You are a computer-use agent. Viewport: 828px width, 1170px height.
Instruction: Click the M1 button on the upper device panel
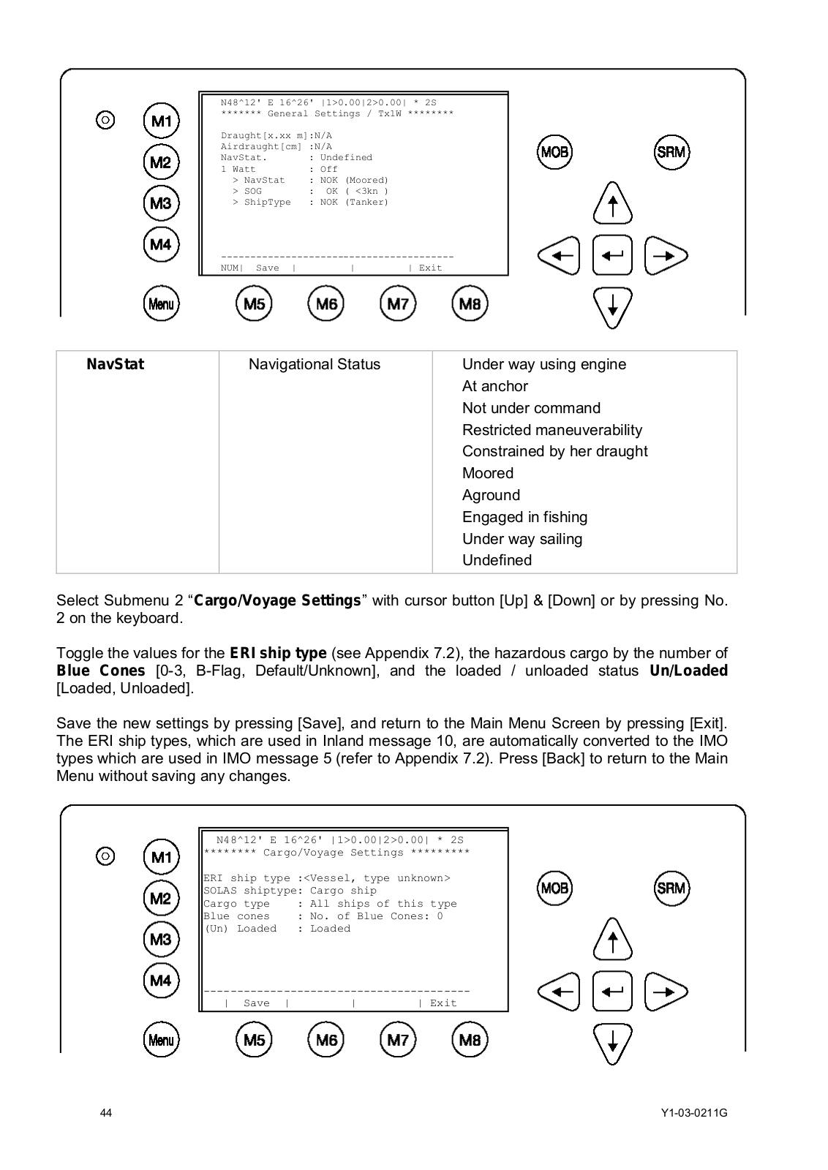coord(161,121)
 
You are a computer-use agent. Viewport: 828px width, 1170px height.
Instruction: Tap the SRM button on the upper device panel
coord(671,152)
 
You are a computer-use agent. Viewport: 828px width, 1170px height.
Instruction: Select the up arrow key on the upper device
coord(612,203)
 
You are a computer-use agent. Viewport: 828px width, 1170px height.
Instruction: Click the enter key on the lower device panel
coord(612,992)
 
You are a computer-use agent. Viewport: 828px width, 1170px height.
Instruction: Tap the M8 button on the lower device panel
coord(470,1040)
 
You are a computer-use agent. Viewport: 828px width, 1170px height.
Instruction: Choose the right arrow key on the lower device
coord(665,992)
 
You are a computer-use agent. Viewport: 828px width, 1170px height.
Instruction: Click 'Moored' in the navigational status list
coord(488,473)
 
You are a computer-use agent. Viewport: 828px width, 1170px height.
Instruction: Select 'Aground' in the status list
coord(491,495)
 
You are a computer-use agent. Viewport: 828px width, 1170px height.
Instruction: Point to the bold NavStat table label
coord(116,364)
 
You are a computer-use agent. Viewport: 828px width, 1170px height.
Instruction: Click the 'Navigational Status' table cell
coord(315,364)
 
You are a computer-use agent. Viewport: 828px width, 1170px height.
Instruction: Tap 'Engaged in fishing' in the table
coord(524,517)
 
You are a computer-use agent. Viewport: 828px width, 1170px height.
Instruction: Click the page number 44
coord(106,1113)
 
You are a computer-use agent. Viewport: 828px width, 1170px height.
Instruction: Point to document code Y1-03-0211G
coord(693,1113)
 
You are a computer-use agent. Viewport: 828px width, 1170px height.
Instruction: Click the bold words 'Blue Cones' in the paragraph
coord(101,671)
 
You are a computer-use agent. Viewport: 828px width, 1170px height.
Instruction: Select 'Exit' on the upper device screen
coord(430,268)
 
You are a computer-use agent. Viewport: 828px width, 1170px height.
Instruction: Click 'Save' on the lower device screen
coord(256,1003)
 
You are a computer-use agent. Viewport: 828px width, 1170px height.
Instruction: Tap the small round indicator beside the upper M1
coord(105,119)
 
